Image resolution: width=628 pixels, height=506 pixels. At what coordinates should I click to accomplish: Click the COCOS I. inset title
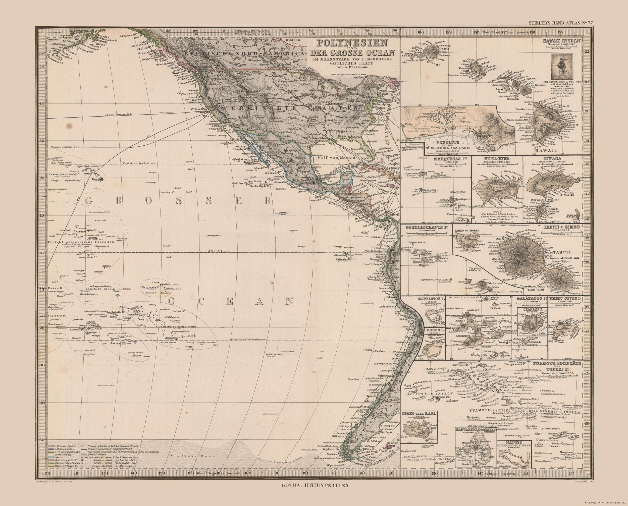[434, 330]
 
